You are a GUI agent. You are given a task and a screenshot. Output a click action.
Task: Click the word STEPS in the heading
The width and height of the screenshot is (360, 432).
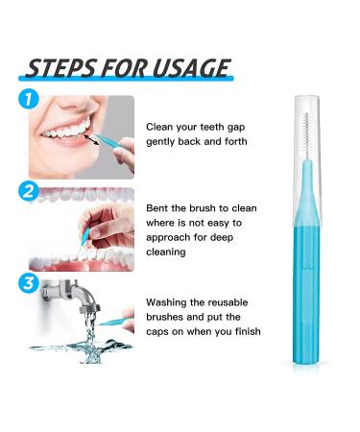(x=60, y=68)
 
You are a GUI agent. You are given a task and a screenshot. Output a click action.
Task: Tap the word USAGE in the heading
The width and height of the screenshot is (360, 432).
(x=191, y=68)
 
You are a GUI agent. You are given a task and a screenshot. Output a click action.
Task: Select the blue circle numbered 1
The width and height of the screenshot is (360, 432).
(x=29, y=99)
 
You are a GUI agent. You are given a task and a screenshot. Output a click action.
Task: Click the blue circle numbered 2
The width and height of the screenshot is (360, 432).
(x=29, y=191)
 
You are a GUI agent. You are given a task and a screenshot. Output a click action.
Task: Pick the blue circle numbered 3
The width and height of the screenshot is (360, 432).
(x=29, y=283)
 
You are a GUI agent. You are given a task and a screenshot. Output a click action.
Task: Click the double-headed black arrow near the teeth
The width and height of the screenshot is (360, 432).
(x=92, y=139)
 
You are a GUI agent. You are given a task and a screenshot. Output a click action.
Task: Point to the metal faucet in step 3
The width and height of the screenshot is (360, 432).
(x=71, y=295)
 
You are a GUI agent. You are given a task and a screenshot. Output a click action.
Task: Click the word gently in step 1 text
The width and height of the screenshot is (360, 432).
(x=160, y=142)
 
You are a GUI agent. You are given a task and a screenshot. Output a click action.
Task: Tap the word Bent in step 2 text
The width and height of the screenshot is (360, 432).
(x=157, y=208)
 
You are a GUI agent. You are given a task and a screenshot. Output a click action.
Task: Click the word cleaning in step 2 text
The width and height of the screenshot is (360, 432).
(x=166, y=252)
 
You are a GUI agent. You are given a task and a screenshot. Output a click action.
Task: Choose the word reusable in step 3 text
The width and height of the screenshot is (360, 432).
(x=228, y=302)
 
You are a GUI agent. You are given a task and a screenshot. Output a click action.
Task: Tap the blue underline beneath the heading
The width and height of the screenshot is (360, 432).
(x=126, y=78)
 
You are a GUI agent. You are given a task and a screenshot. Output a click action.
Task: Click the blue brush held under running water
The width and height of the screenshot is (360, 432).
(x=112, y=322)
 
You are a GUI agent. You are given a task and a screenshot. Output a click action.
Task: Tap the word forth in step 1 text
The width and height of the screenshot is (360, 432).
(x=236, y=141)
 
